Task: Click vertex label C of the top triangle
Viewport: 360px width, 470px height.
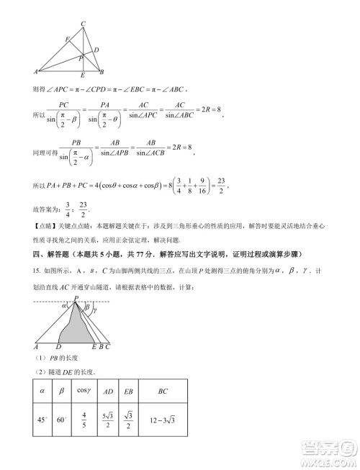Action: [84, 24]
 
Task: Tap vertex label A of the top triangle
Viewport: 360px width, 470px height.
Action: [35, 71]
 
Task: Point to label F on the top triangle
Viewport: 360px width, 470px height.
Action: [67, 39]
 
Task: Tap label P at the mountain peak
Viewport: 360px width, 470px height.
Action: [74, 298]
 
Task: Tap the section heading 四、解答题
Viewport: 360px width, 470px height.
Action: [59, 255]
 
